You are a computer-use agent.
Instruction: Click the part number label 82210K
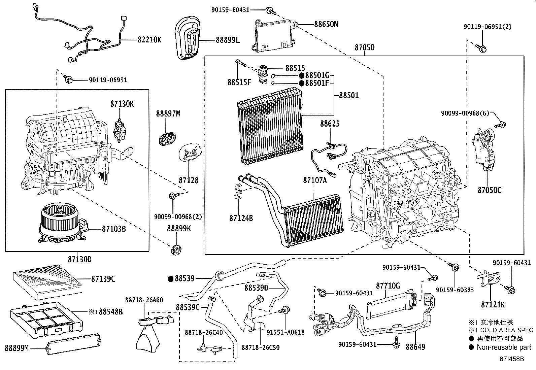click(x=149, y=39)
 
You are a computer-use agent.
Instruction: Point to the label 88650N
click(x=326, y=24)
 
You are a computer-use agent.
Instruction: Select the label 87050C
click(x=489, y=190)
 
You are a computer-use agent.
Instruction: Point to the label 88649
click(x=415, y=347)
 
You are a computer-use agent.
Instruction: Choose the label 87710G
click(x=388, y=286)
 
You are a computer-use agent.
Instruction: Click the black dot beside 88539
click(x=171, y=279)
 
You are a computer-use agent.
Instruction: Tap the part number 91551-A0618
click(x=285, y=332)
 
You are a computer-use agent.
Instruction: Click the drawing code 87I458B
click(x=512, y=359)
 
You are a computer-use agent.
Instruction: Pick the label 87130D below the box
click(x=79, y=260)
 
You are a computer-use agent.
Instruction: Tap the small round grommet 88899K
click(x=176, y=250)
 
